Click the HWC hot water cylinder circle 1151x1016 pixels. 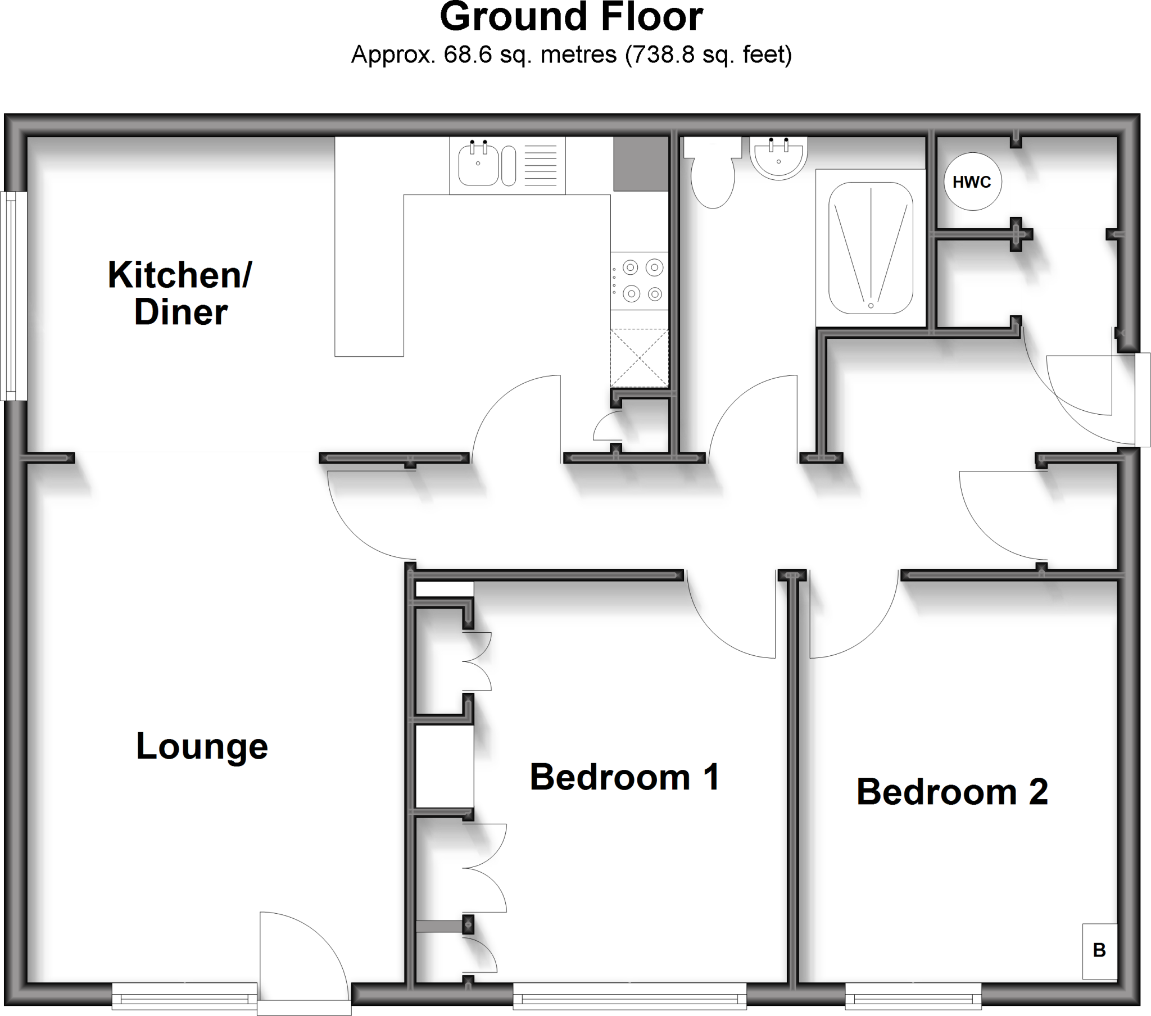972,182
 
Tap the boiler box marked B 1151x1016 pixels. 1099,951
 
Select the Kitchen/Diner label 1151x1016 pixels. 180,293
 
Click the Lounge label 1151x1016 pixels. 202,746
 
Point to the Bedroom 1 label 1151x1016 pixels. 624,777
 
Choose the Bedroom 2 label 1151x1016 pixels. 951,792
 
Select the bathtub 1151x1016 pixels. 871,248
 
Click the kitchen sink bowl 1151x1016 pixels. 478,165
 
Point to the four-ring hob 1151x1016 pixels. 641,280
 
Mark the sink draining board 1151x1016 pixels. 541,165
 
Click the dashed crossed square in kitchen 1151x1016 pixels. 639,357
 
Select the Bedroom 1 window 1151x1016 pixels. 629,999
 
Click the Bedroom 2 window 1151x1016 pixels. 913,999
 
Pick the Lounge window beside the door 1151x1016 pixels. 185,999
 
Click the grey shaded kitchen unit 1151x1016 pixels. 640,165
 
